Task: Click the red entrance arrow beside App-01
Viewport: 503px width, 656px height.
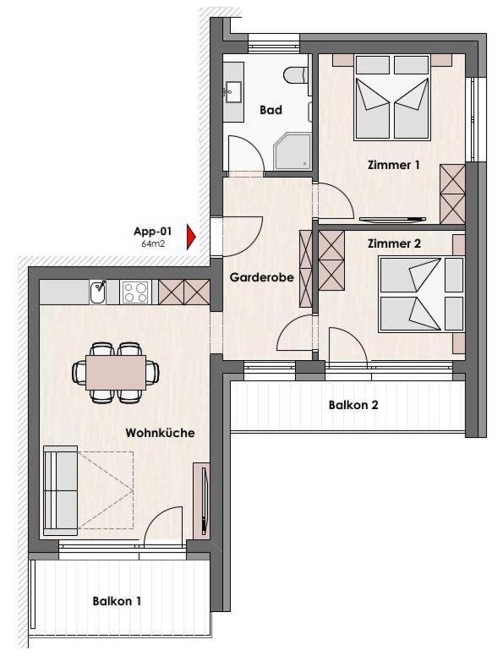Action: (191, 238)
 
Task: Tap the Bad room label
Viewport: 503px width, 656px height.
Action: (271, 110)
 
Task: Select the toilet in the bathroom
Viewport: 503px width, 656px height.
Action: (297, 75)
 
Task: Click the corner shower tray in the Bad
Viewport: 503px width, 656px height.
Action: (293, 150)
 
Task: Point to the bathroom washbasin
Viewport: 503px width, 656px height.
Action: (233, 91)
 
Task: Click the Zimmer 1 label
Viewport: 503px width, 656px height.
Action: (393, 165)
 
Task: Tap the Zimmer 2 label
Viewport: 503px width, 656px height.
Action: (394, 243)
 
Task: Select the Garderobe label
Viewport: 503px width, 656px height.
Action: (261, 277)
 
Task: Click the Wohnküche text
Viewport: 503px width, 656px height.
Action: (161, 433)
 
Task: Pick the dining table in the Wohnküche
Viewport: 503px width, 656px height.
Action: (116, 372)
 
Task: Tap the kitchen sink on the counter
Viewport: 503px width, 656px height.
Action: (98, 292)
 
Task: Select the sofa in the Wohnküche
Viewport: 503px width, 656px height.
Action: (60, 491)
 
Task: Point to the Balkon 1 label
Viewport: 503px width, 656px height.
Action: (117, 602)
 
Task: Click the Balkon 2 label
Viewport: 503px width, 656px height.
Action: (353, 405)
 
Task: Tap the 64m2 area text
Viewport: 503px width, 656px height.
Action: (153, 243)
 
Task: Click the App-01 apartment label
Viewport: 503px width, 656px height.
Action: (153, 232)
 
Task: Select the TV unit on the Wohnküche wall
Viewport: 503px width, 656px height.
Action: (201, 500)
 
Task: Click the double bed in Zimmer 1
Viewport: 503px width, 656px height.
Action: (392, 97)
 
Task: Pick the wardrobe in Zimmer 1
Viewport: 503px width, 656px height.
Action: (452, 194)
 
